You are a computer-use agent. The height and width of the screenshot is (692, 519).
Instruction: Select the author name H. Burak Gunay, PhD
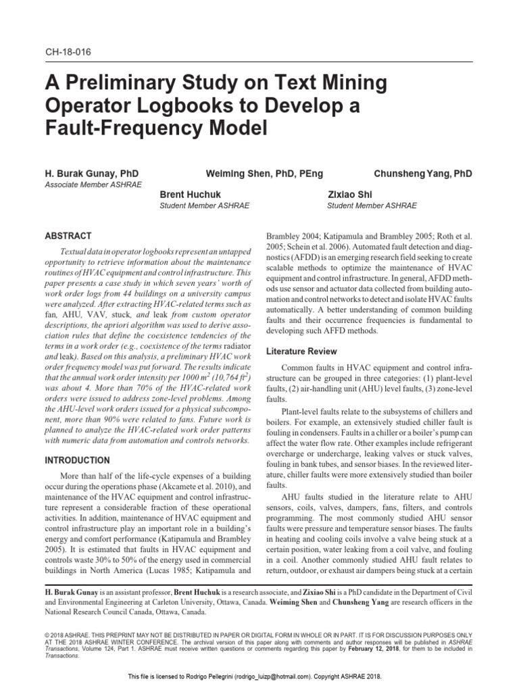point(91,174)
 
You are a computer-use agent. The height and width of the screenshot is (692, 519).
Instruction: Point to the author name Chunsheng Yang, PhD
point(423,174)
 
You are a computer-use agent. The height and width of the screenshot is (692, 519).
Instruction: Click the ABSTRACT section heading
point(68,237)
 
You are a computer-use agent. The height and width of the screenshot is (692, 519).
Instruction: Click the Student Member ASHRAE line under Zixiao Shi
point(372,205)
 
